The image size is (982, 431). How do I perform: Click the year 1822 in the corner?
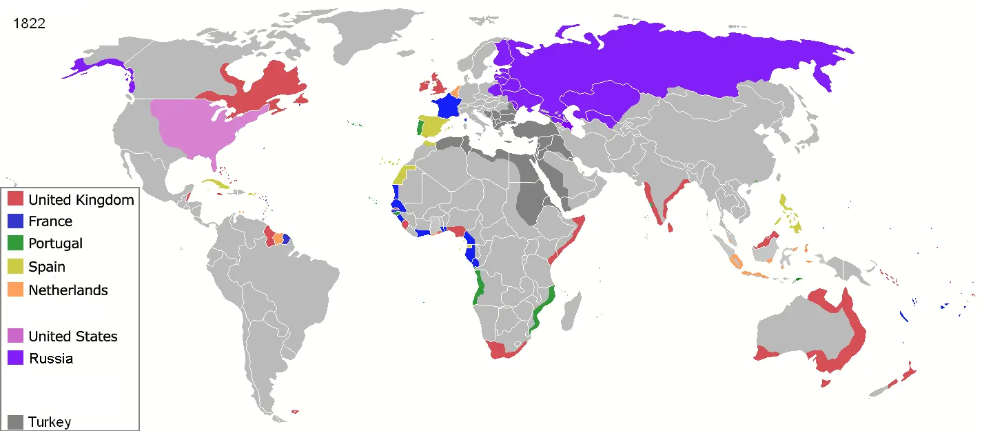[x=30, y=23]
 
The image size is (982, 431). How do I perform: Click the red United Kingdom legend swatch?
[x=17, y=199]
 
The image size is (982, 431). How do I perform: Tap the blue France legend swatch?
[x=17, y=221]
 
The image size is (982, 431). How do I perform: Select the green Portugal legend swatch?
[x=17, y=243]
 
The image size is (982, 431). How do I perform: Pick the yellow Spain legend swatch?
[x=17, y=266]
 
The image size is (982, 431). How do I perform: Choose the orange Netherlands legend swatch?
[x=17, y=290]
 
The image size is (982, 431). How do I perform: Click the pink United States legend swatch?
[x=17, y=336]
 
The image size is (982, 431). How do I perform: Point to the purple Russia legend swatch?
[x=17, y=358]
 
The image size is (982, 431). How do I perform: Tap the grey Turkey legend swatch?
[x=17, y=421]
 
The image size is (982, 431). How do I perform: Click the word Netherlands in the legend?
[x=68, y=290]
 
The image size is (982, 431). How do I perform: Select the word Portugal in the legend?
[x=55, y=243]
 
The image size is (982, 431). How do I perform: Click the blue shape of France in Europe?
[x=447, y=107]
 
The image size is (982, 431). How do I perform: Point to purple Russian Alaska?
[x=79, y=66]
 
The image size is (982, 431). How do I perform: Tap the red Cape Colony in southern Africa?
[x=503, y=350]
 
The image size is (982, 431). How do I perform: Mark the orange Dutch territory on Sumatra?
[x=735, y=261]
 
